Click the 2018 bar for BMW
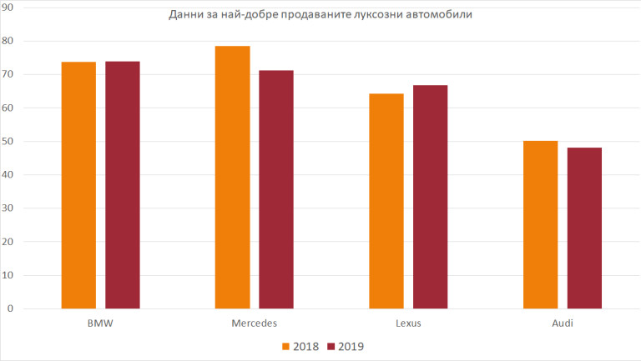point(78,185)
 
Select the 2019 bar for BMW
point(123,185)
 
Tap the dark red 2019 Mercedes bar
point(276,189)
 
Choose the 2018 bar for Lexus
point(386,201)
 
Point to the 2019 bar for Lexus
point(430,197)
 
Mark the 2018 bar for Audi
point(540,224)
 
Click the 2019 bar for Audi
point(584,228)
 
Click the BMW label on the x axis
point(100,323)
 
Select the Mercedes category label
point(255,323)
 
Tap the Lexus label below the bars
point(408,323)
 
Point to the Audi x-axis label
point(562,323)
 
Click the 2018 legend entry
point(301,346)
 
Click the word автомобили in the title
point(439,16)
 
